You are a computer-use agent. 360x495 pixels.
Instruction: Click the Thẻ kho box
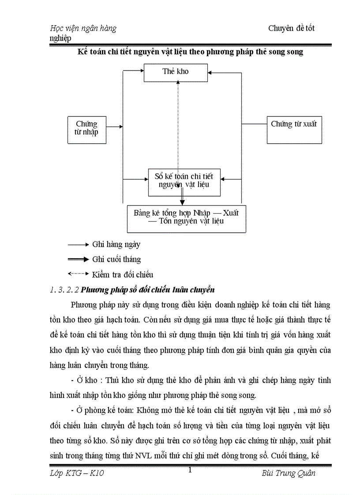point(176,72)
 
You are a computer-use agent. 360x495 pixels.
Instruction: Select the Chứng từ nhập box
point(86,130)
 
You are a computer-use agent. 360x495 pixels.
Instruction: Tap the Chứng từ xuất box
point(293,130)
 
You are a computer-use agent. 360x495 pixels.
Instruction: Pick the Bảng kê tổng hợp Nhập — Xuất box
point(186,218)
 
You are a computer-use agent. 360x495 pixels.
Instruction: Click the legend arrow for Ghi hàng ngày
point(78,244)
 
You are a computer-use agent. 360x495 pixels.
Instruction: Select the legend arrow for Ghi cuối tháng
point(78,259)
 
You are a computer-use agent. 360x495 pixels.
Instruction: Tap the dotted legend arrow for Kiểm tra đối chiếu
point(78,274)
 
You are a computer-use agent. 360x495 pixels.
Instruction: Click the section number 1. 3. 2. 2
point(65,290)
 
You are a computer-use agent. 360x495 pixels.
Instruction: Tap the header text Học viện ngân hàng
point(83,29)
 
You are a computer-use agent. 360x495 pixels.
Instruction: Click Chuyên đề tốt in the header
point(291,29)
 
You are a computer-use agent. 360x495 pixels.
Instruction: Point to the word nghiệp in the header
point(60,38)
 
